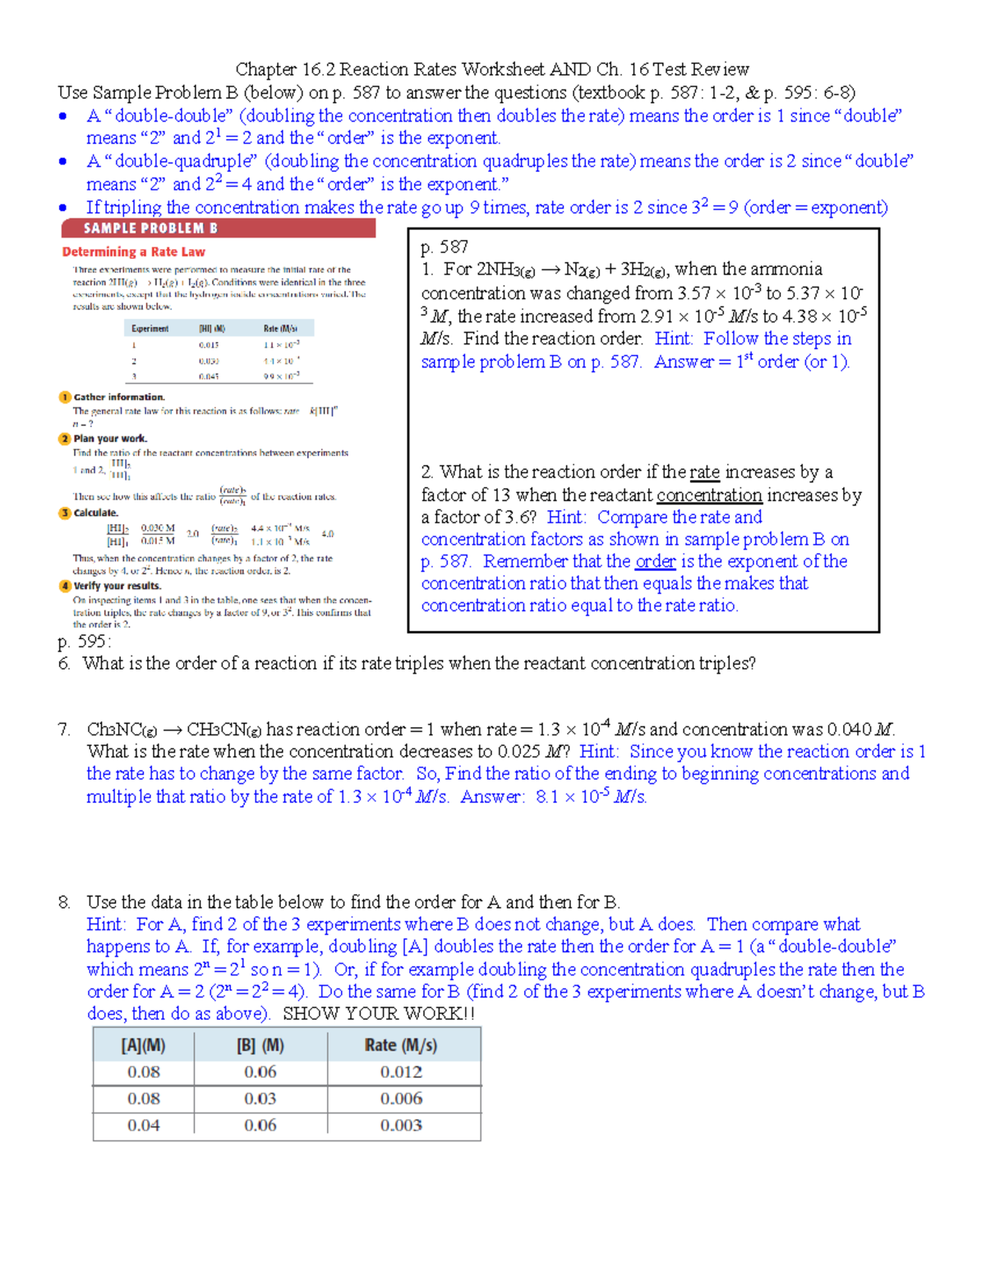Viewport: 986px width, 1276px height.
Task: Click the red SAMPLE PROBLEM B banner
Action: click(218, 228)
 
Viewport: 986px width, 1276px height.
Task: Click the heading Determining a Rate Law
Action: click(133, 252)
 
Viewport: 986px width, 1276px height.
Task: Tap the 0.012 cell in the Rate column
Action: click(401, 1072)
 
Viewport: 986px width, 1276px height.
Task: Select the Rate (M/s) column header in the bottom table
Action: click(401, 1045)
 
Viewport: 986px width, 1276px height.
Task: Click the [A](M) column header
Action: click(143, 1045)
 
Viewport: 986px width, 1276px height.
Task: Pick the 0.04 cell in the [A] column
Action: click(143, 1125)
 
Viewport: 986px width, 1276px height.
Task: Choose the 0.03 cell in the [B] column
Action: click(260, 1099)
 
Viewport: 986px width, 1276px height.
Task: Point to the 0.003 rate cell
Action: click(401, 1125)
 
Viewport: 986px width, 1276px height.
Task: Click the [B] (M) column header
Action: click(260, 1045)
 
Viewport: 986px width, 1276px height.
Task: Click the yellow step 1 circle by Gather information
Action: click(65, 397)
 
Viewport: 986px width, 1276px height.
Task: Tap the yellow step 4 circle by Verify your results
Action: click(65, 586)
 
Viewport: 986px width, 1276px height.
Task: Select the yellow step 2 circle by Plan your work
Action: click(65, 439)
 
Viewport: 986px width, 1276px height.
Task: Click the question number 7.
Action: click(64, 730)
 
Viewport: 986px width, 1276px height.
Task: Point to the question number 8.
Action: click(64, 902)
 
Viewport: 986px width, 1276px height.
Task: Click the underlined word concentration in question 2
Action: click(709, 495)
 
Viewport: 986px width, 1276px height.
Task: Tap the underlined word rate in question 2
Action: click(704, 472)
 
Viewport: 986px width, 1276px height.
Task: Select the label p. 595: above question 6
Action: click(84, 642)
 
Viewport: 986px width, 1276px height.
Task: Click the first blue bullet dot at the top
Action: click(63, 117)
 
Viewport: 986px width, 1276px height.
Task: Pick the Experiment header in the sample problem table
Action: click(150, 329)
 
